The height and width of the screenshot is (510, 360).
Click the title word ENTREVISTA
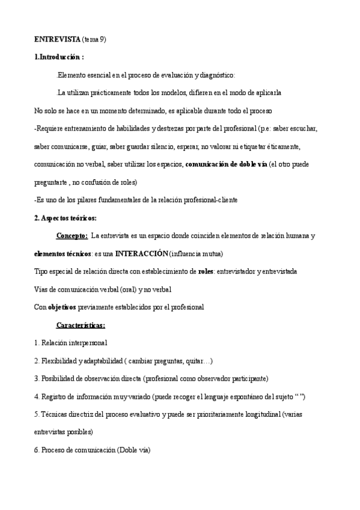coord(56,39)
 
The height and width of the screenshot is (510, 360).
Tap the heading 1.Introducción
coord(59,57)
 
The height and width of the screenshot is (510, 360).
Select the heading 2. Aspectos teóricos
coord(66,218)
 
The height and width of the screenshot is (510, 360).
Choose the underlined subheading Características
coord(81,325)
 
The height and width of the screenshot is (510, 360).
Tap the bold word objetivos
coord(62,307)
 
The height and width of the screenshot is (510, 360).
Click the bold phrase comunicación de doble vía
coord(226,164)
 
